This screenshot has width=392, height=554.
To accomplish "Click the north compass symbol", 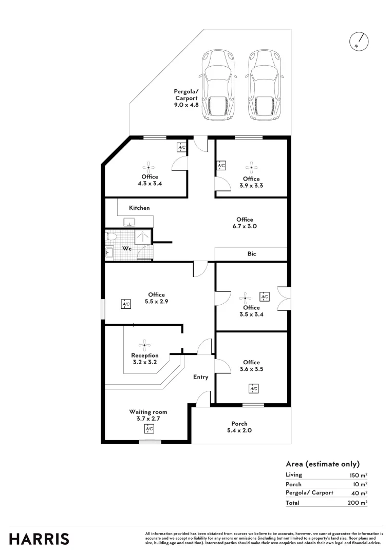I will (360, 42).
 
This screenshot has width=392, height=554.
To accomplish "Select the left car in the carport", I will (219, 86).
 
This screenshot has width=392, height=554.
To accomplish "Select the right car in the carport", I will (265, 86).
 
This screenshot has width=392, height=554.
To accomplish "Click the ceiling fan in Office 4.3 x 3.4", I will (148, 167).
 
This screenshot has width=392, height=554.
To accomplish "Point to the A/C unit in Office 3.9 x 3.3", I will (221, 166).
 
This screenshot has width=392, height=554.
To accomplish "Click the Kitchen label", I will (139, 208).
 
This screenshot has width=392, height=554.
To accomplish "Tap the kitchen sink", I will (129, 222).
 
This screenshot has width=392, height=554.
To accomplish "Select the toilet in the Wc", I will (111, 236).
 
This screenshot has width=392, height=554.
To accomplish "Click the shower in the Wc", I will (142, 237).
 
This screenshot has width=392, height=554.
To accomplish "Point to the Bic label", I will (252, 254).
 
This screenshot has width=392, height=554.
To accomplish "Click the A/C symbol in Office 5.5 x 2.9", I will (126, 304).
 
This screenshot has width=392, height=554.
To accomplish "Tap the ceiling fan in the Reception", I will (144, 344).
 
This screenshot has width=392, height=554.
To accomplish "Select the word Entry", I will (200, 377).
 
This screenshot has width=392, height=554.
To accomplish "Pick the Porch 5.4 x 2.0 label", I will (239, 427).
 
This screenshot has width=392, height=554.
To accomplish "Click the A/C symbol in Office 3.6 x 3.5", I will (253, 389).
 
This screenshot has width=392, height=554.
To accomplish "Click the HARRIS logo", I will (39, 539).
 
